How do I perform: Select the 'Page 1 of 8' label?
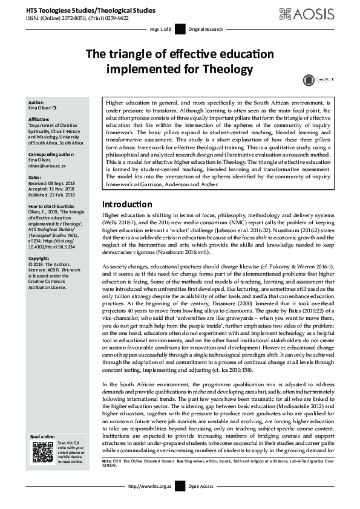[x=161, y=29]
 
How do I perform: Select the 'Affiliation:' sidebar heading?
[x=39, y=120]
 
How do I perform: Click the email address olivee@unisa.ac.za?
[x=50, y=165]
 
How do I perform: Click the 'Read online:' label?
[x=44, y=436]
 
